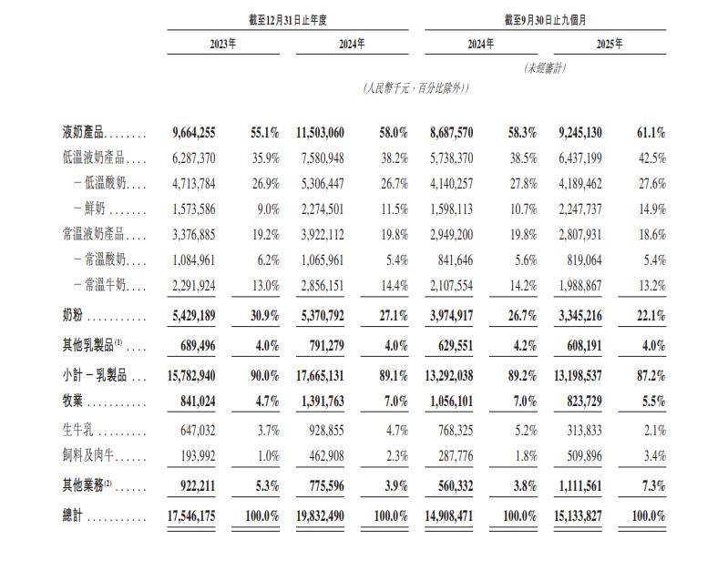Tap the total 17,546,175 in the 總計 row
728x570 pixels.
pyautogui.click(x=193, y=516)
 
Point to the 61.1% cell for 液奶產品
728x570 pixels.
pyautogui.click(x=647, y=134)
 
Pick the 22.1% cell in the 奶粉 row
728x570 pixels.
pyautogui.click(x=647, y=317)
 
